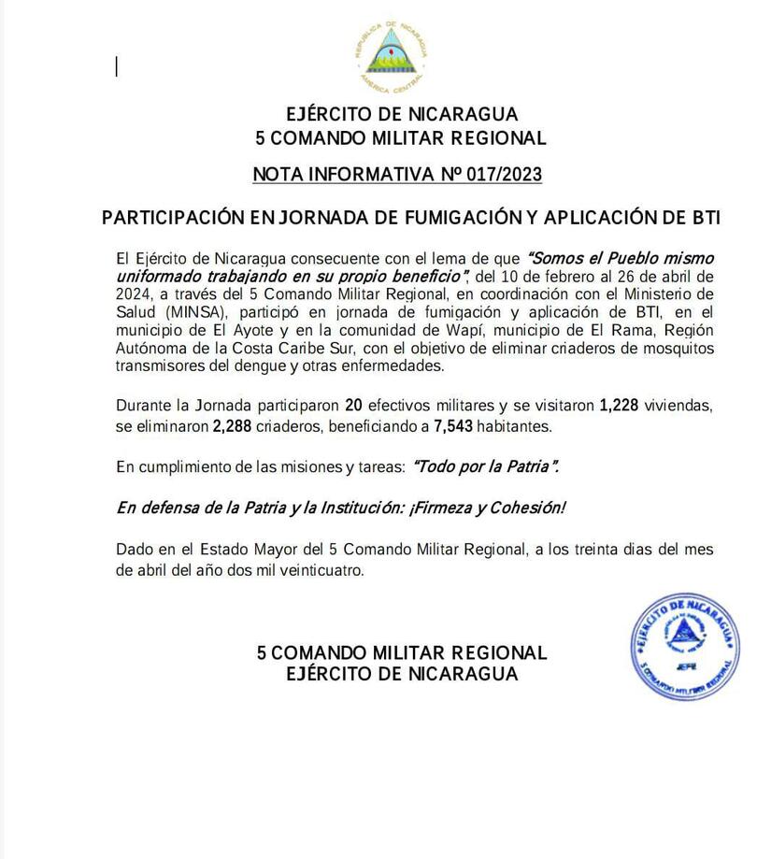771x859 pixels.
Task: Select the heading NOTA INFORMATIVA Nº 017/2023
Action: [397, 175]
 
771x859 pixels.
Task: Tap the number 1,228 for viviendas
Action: [623, 407]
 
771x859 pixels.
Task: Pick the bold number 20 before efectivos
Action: [353, 407]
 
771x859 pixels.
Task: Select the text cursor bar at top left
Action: [117, 66]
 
